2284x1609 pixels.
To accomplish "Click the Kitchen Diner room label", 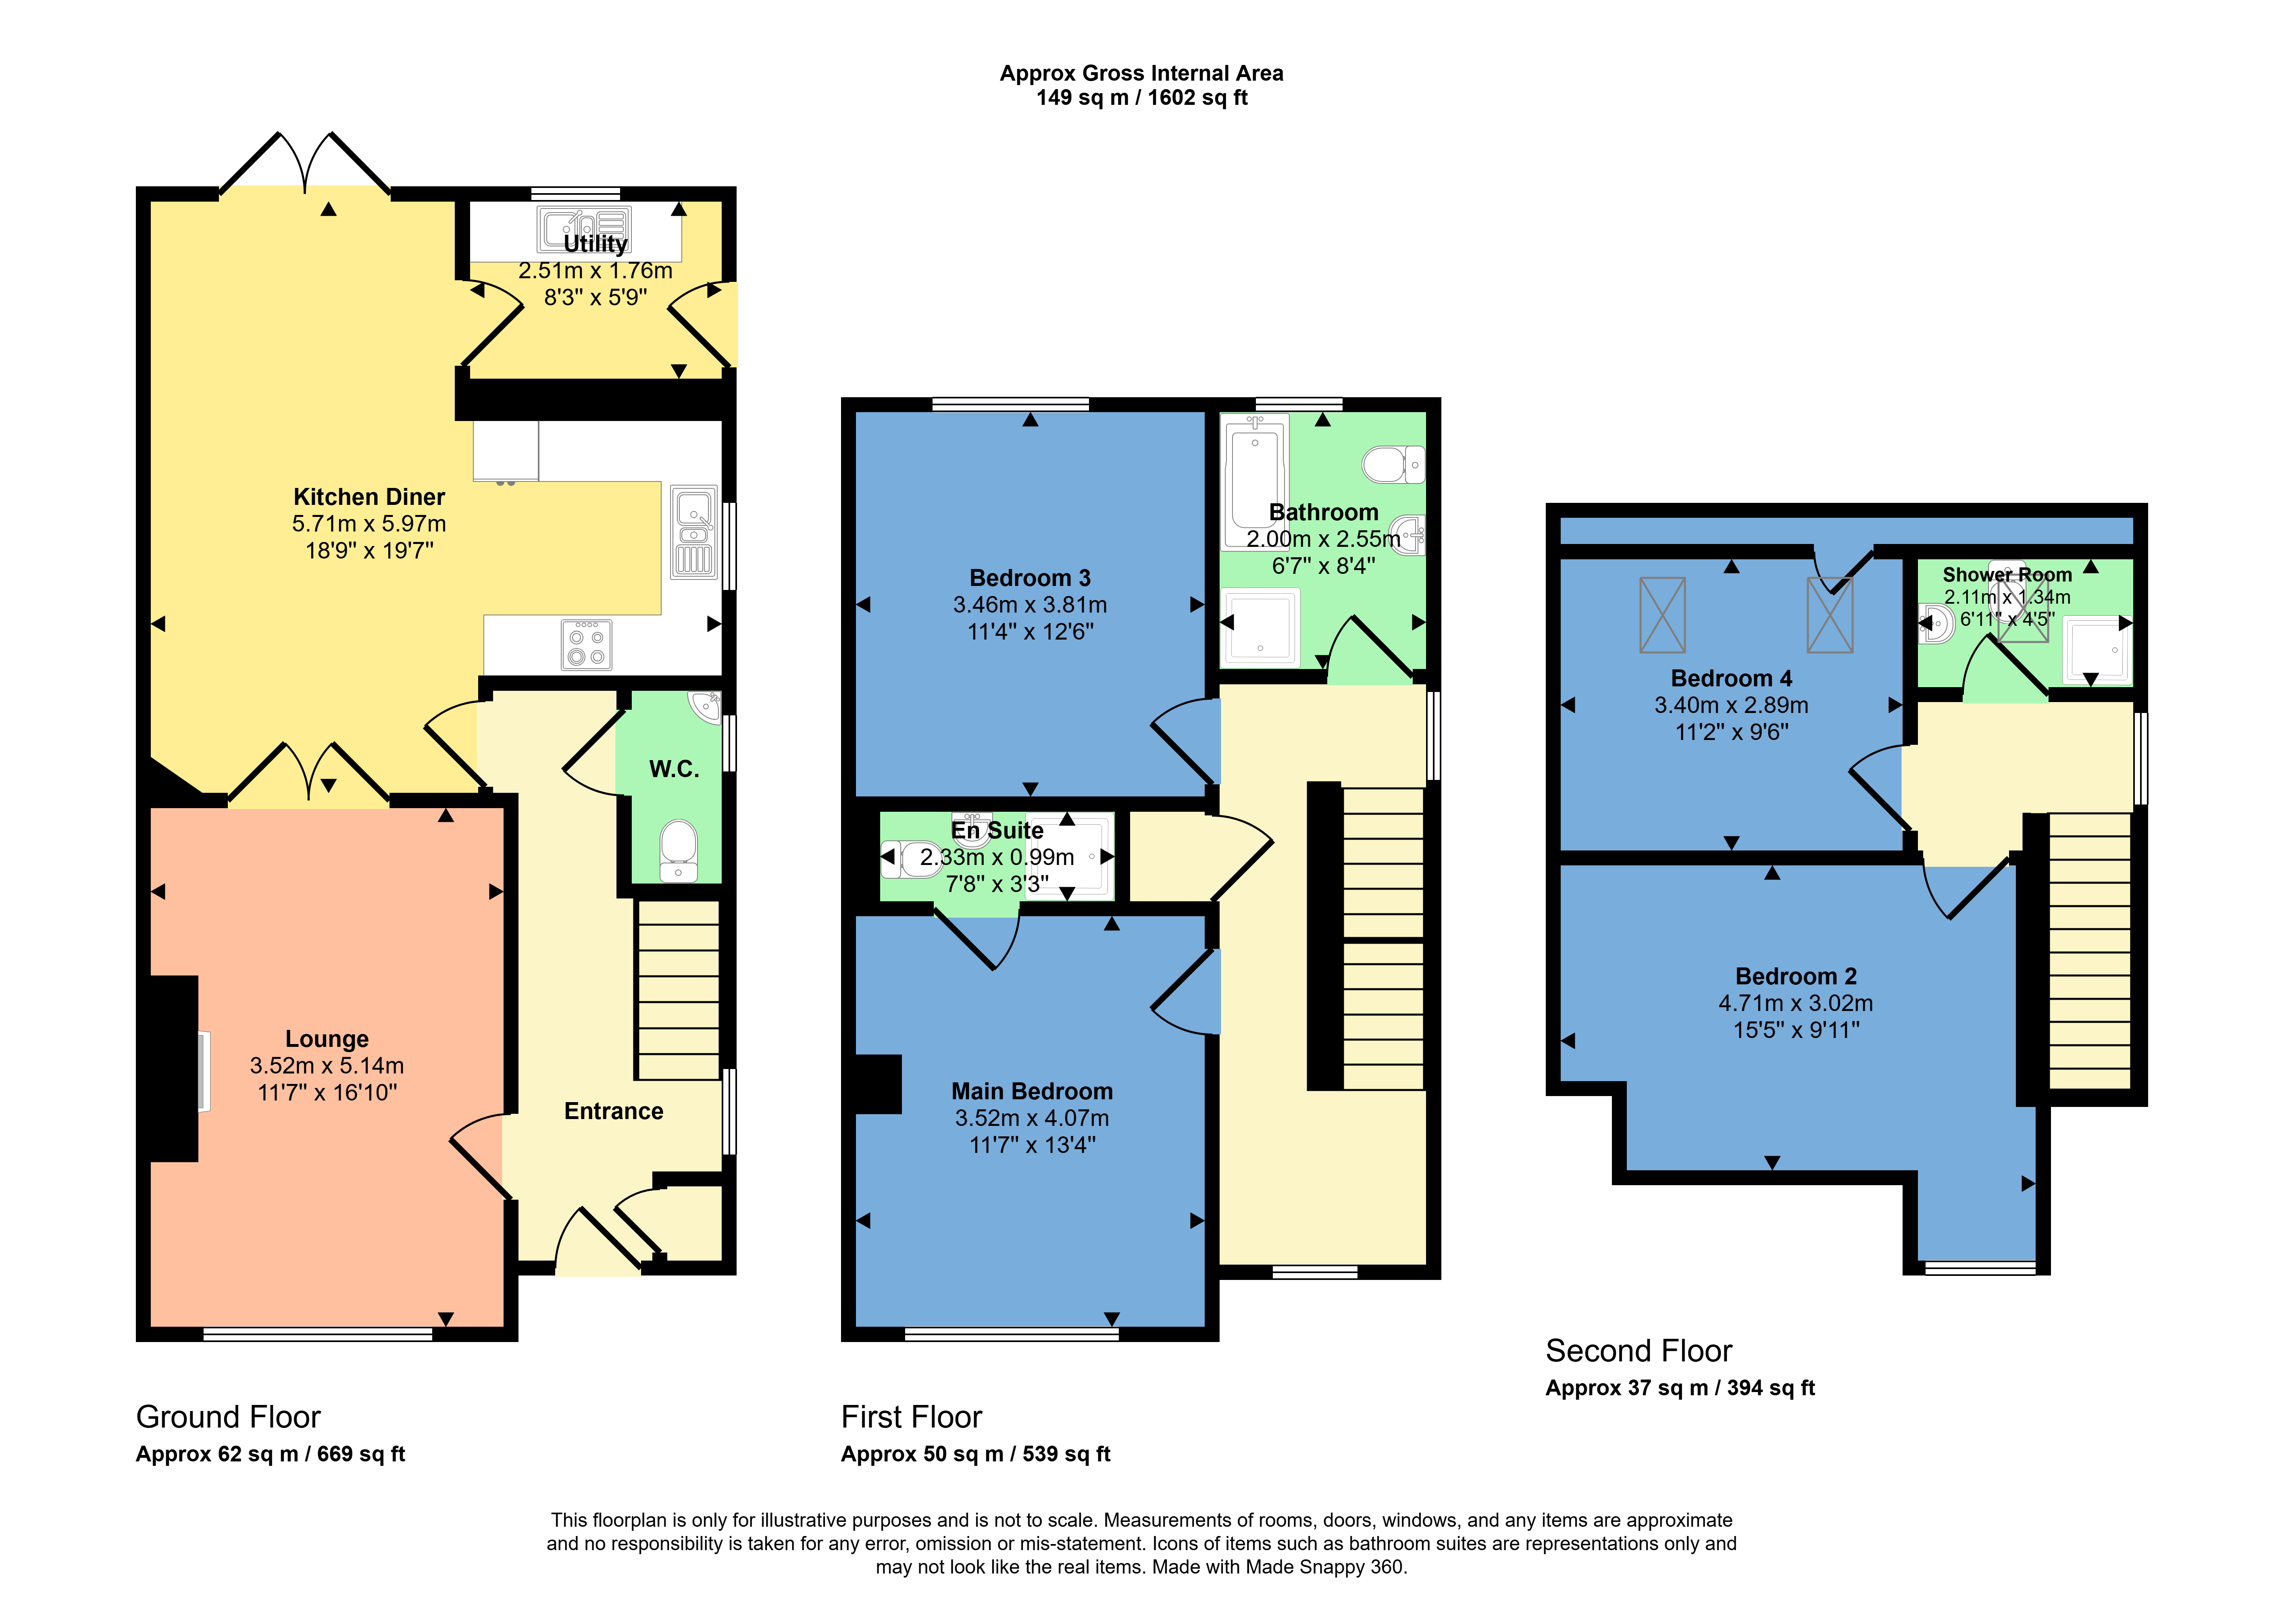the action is click(x=369, y=496).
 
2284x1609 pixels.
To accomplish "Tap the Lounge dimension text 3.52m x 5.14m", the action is click(x=327, y=1066).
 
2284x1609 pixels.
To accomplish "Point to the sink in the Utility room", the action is click(x=584, y=229).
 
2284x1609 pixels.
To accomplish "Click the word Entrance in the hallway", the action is click(x=614, y=1111).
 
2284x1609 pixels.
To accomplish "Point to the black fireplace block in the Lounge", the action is click(x=174, y=1069).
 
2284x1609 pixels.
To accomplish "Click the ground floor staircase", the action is click(x=677, y=990).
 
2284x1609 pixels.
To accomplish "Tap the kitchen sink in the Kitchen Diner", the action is click(x=693, y=532).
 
